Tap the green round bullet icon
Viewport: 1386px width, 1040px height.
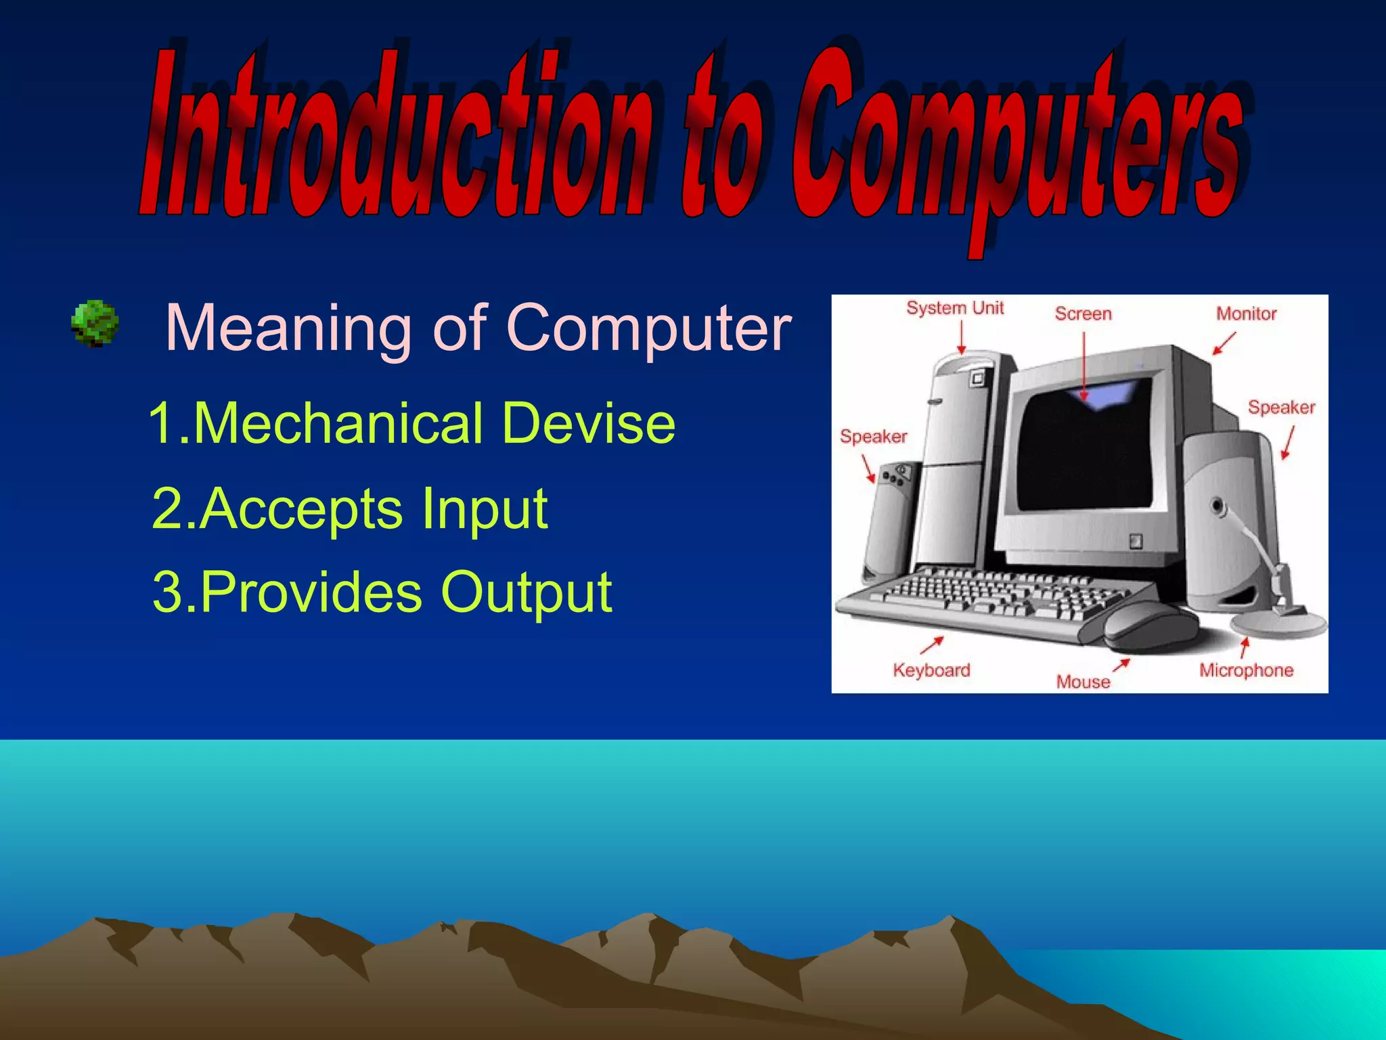pyautogui.click(x=95, y=324)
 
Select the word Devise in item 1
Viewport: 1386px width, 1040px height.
pyautogui.click(x=588, y=423)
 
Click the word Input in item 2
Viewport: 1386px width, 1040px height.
pyautogui.click(x=484, y=509)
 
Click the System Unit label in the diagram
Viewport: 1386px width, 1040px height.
pyautogui.click(x=955, y=308)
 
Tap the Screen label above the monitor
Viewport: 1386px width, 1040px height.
pyautogui.click(x=1083, y=314)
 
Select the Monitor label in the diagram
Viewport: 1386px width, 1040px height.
pyautogui.click(x=1246, y=313)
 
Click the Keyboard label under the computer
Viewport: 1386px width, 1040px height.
pyautogui.click(x=931, y=670)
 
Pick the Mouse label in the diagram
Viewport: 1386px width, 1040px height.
pyautogui.click(x=1083, y=682)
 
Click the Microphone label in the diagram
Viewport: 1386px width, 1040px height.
pyautogui.click(x=1246, y=670)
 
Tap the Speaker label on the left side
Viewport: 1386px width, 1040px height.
pyautogui.click(x=873, y=437)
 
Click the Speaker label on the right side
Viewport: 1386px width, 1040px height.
pyautogui.click(x=1281, y=408)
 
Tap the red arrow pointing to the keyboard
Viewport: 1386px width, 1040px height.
pyautogui.click(x=932, y=645)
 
